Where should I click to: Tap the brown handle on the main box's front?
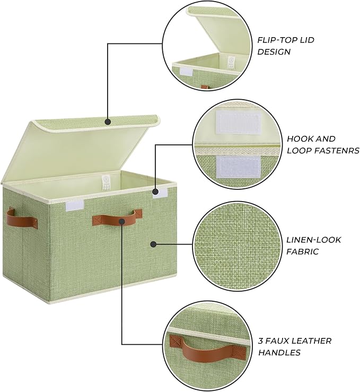click(117, 217)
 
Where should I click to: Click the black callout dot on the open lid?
click(108, 121)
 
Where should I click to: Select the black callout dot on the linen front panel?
click(153, 245)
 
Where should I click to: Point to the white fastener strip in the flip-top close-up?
click(187, 71)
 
